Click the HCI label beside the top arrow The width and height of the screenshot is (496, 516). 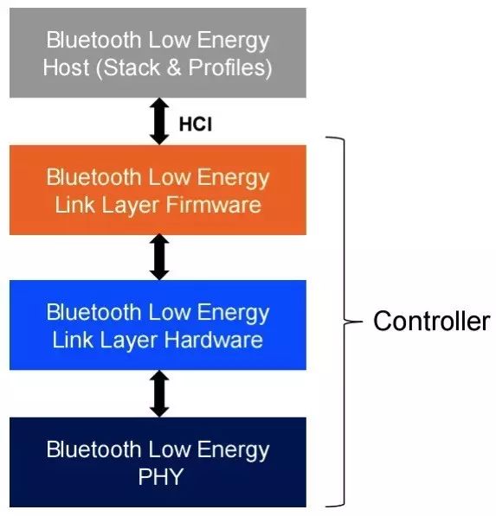(196, 124)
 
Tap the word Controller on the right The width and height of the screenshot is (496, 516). (432, 322)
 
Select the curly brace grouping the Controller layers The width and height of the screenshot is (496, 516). (344, 322)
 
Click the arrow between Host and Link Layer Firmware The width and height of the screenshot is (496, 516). (159, 121)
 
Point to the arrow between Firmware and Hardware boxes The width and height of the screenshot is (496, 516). (159, 257)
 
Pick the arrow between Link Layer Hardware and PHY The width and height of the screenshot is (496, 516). (159, 393)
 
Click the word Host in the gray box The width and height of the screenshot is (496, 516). (67, 67)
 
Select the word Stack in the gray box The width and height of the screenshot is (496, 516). (132, 67)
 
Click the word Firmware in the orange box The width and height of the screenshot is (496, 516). (214, 205)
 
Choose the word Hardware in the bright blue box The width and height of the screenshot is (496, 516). (214, 340)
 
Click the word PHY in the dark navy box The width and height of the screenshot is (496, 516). (160, 476)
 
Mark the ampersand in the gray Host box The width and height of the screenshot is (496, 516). (174, 67)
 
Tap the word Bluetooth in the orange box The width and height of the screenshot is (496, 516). (94, 177)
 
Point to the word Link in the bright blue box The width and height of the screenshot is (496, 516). (73, 340)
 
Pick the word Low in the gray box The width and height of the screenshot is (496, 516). (170, 40)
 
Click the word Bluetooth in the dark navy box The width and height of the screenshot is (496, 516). (94, 449)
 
